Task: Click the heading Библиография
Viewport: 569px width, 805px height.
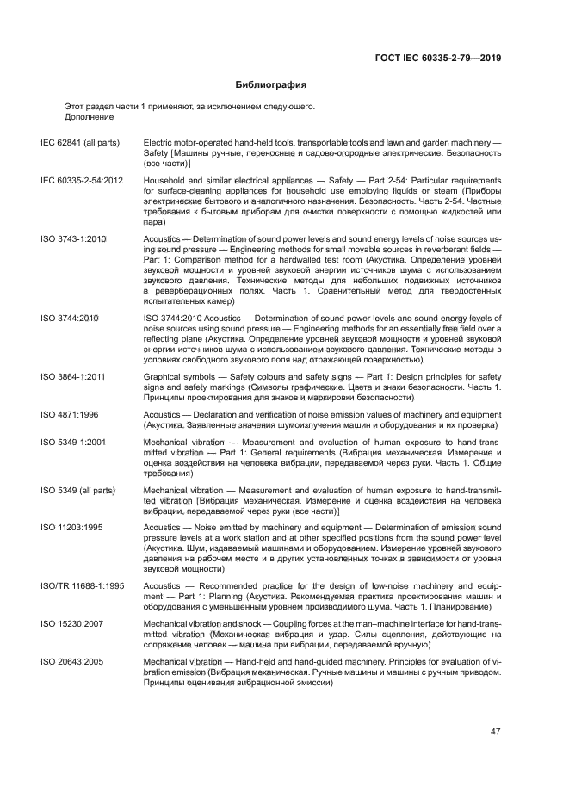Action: click(x=271, y=85)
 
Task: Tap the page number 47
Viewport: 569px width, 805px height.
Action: click(x=496, y=732)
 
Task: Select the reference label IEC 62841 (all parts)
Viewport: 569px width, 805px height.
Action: click(x=80, y=142)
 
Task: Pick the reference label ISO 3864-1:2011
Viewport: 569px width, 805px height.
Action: click(x=73, y=377)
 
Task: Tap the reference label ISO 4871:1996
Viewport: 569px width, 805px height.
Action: click(x=69, y=415)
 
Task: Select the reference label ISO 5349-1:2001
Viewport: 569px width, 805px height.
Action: click(x=73, y=442)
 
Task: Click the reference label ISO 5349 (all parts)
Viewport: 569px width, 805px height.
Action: click(x=79, y=490)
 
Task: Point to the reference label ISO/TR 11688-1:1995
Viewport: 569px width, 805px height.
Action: click(x=83, y=585)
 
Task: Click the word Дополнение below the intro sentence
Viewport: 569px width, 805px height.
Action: click(x=89, y=116)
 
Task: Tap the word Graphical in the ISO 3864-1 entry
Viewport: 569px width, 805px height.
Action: click(x=162, y=377)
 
